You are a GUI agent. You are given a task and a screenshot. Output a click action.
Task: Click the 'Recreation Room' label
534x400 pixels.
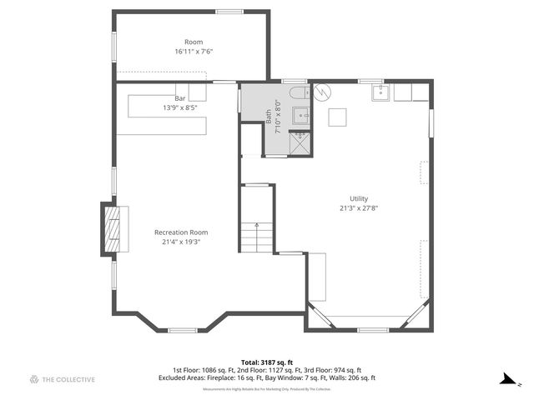[x=181, y=232]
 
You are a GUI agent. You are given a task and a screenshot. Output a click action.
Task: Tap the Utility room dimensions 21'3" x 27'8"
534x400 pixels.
[x=353, y=208]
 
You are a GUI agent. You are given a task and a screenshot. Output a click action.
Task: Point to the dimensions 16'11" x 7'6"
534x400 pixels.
[x=194, y=52]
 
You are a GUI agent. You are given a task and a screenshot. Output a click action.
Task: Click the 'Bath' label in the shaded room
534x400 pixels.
[x=269, y=117]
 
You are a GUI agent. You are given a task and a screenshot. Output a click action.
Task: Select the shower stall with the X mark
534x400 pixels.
[x=299, y=142]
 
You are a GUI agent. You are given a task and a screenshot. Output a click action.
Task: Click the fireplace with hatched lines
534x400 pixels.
[x=112, y=228]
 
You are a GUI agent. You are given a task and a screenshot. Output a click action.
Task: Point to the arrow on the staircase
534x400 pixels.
[x=257, y=226]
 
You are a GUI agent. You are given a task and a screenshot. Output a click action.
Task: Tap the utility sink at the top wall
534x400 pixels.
[x=381, y=92]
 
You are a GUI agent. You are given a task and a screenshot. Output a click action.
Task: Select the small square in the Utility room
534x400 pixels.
[x=337, y=117]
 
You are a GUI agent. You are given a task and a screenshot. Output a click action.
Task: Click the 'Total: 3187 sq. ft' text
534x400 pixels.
[x=266, y=361]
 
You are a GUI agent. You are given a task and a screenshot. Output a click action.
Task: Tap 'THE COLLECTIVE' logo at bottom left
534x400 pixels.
[x=63, y=379]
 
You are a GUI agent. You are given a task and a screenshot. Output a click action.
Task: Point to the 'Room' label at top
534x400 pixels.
[x=194, y=42]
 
